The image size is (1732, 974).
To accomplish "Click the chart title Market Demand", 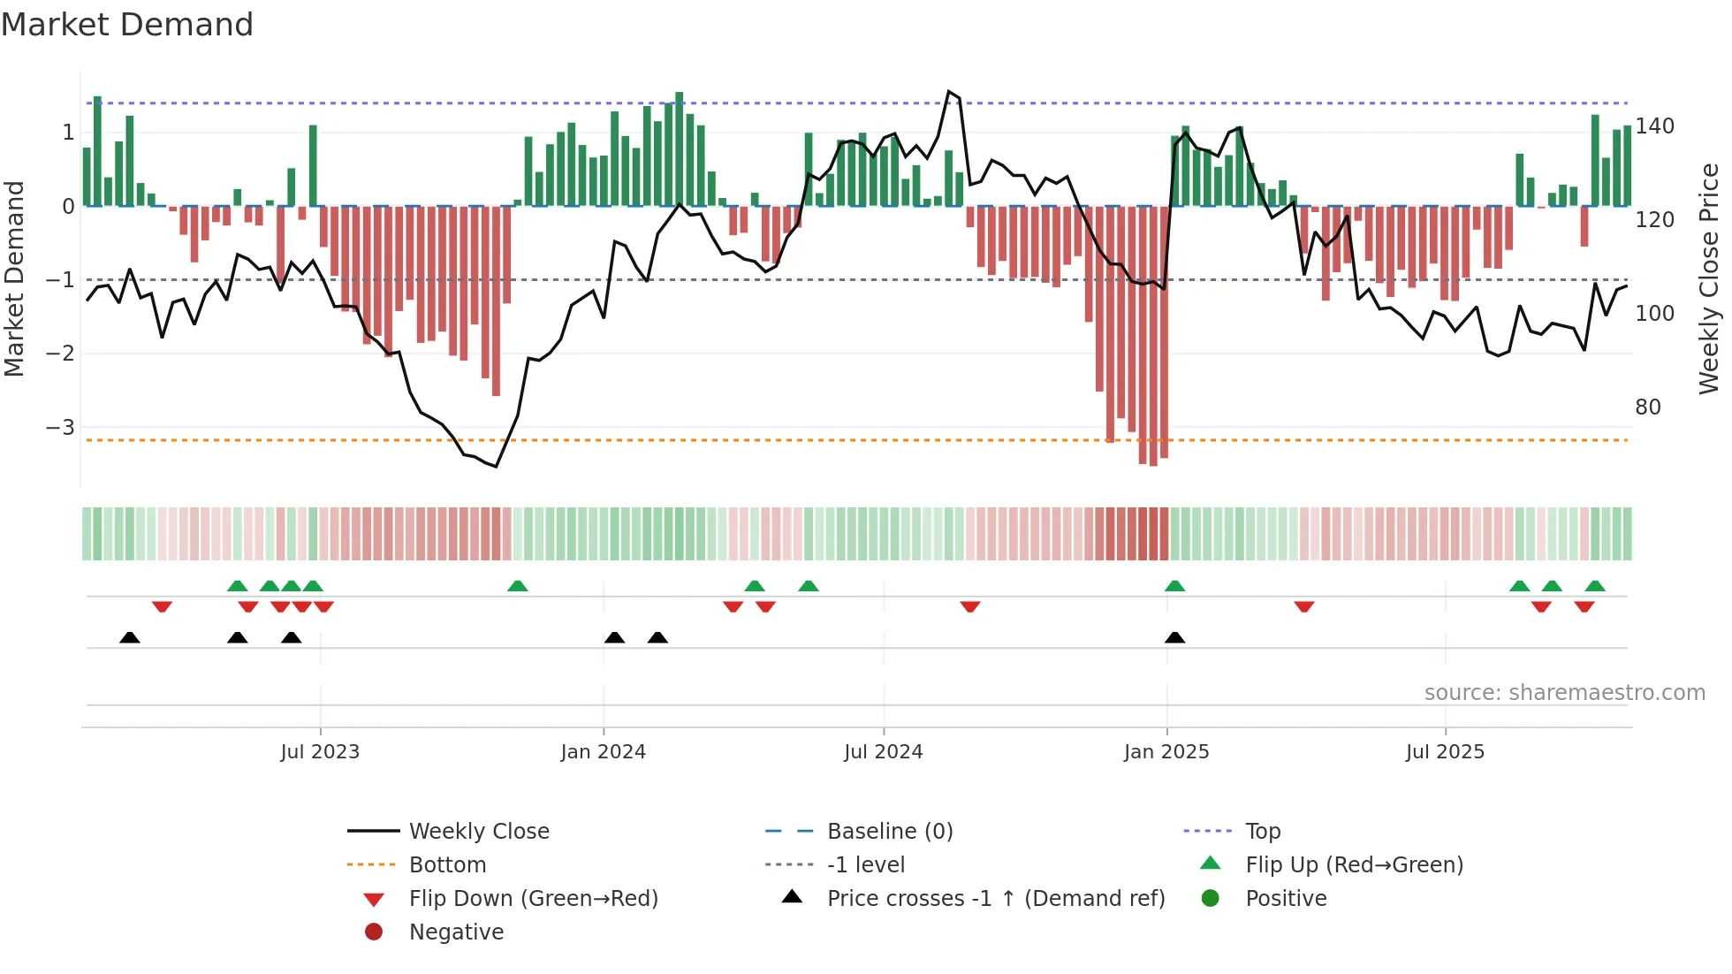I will coord(127,25).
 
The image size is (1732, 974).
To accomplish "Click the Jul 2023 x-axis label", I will coord(320,752).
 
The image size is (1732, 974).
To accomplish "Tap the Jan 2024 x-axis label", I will coord(604,752).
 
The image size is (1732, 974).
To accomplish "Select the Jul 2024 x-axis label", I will coord(884,752).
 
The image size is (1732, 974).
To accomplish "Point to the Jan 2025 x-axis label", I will coord(1166,752).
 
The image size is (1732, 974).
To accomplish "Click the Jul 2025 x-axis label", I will coord(1446,752).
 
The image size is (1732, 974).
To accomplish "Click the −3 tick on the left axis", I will coord(60,428).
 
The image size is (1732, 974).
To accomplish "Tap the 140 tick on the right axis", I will coord(1654,126).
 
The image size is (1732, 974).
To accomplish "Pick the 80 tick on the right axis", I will coord(1648,407).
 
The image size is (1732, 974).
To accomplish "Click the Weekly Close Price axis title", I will coord(1709,278).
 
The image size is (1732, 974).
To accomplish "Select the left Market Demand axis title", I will coord(14,278).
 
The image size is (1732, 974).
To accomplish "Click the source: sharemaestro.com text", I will coord(1564,693).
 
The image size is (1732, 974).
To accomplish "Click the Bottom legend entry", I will coord(447,865).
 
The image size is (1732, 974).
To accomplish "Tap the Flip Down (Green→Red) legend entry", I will coord(533,899).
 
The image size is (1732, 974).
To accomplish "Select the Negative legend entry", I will coord(456,932).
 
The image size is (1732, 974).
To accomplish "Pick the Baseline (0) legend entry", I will coord(890,832).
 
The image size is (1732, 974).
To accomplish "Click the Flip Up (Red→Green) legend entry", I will coord(1354,865).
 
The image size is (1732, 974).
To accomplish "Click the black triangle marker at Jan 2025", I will coord(1174,637).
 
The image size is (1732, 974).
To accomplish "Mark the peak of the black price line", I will coord(949,91).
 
